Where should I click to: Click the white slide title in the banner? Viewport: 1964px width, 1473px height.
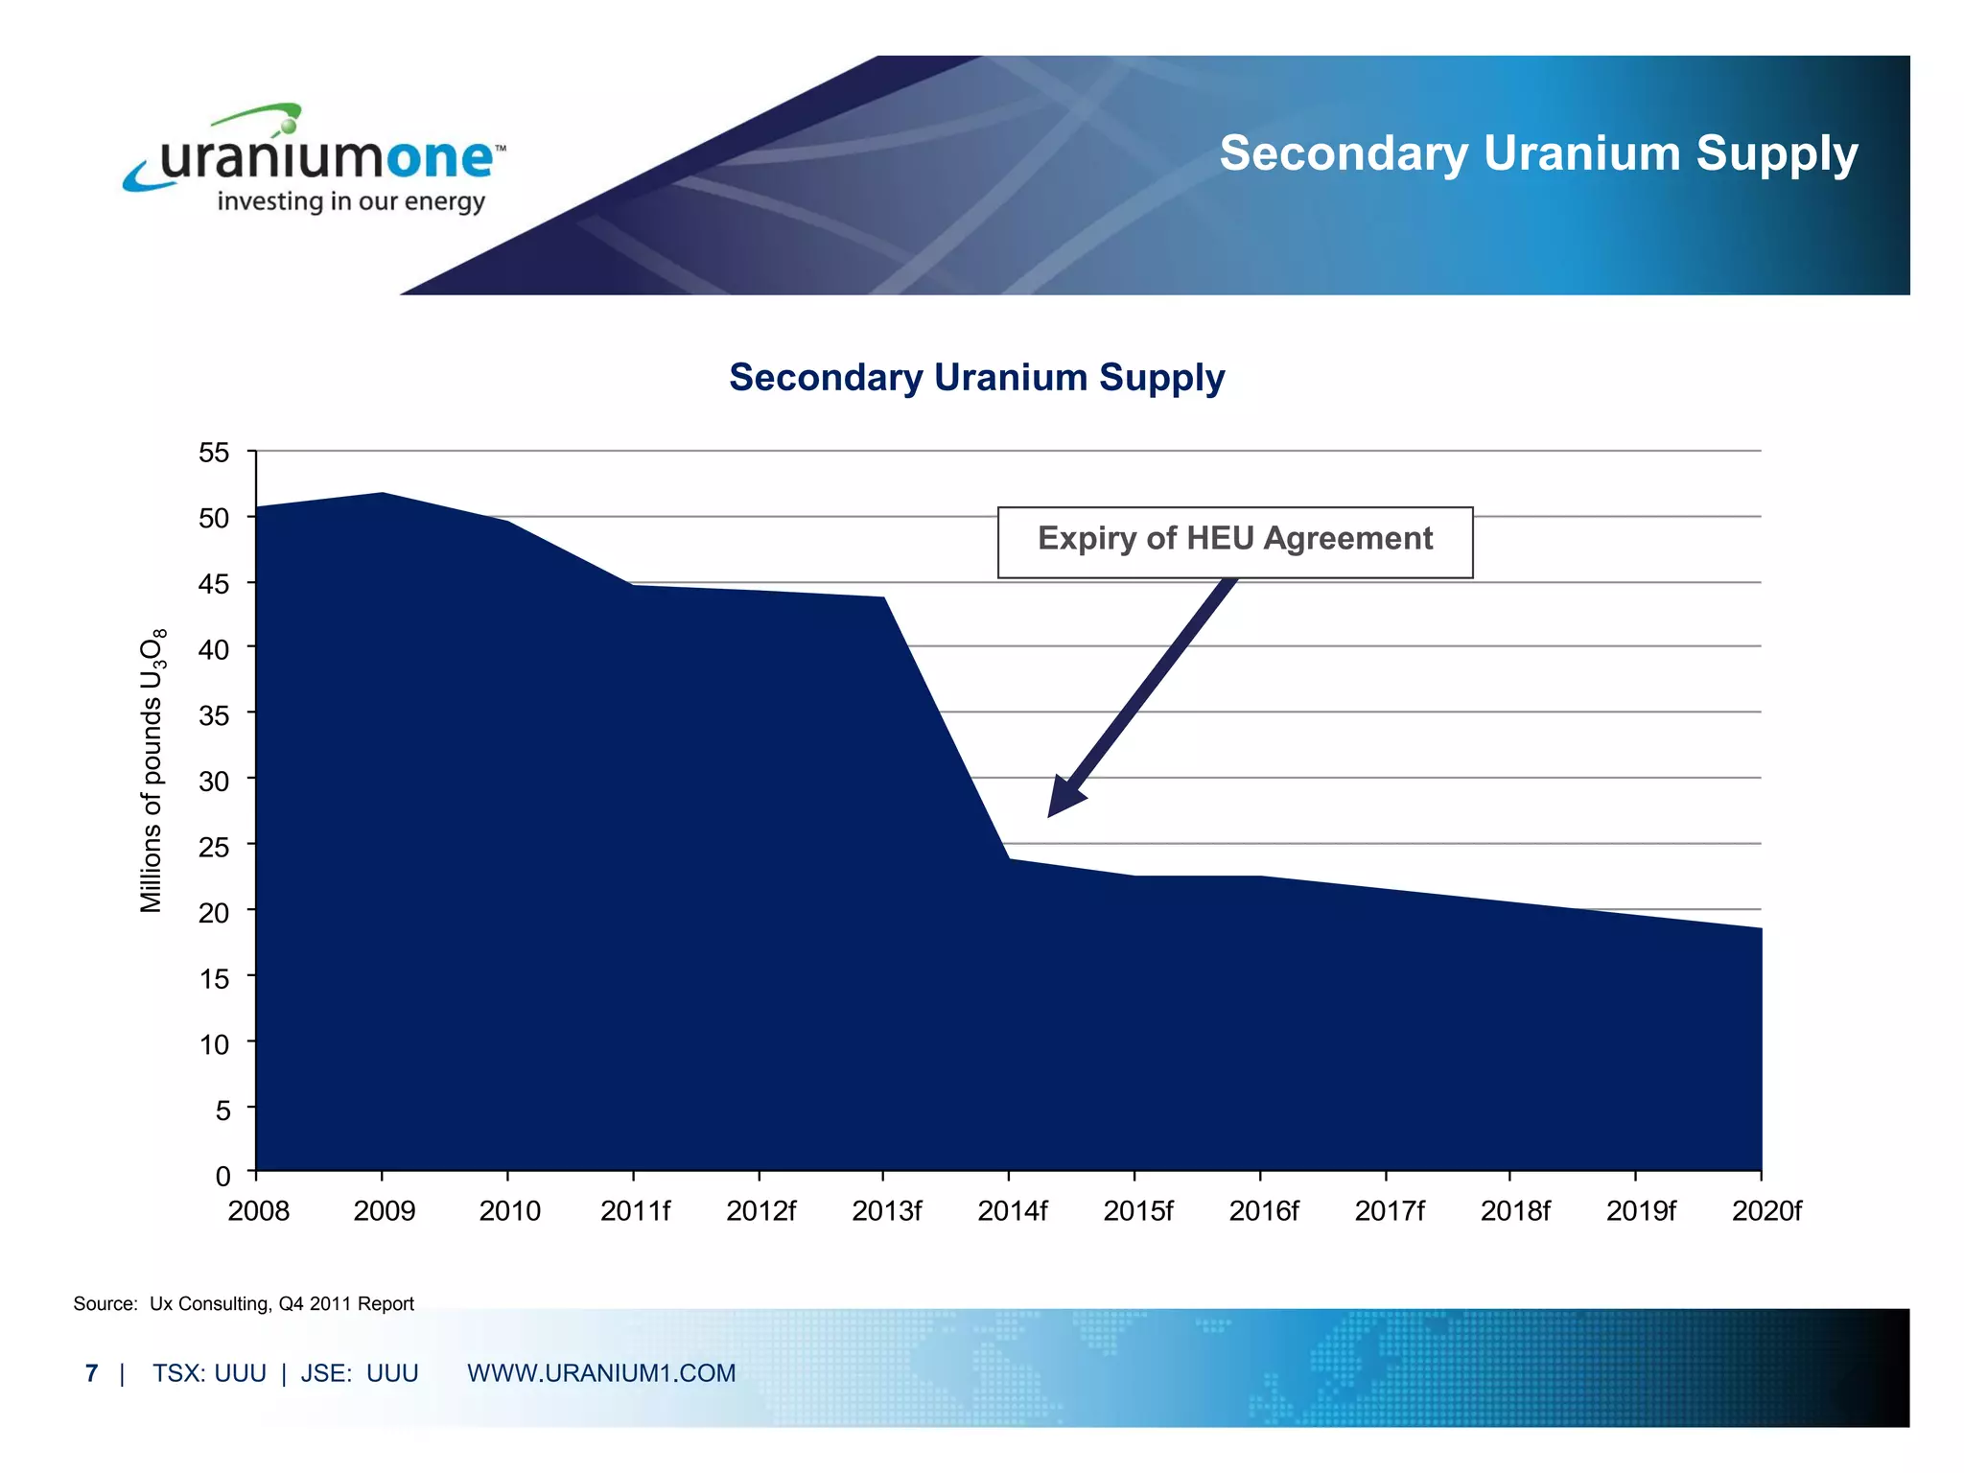point(1538,153)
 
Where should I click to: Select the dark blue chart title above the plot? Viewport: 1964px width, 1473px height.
point(976,377)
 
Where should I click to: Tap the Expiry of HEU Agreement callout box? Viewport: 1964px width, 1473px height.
point(1234,541)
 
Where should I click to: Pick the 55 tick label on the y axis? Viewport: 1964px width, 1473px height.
point(214,453)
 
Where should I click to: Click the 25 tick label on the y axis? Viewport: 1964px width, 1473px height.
point(214,847)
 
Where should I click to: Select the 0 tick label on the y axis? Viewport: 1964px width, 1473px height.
point(222,1176)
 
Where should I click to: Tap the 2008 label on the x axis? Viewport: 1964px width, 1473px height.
point(258,1211)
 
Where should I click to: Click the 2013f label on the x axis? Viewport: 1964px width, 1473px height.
point(886,1211)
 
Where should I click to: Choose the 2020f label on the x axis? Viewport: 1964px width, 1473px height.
point(1765,1211)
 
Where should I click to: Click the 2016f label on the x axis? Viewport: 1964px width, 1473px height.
point(1263,1211)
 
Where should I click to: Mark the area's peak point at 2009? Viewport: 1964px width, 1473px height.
point(383,493)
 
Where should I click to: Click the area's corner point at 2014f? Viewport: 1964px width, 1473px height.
point(1009,858)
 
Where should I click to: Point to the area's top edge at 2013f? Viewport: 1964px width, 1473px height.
point(883,597)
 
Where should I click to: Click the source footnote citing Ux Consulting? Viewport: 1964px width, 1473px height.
point(244,1303)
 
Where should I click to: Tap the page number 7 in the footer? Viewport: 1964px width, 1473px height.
point(91,1373)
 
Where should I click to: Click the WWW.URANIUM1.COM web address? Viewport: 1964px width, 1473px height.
point(601,1373)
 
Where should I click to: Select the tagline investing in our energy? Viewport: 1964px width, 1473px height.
point(351,202)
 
